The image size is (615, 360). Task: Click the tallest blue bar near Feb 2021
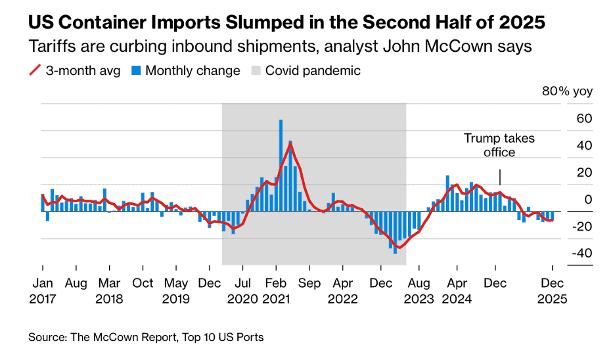[x=281, y=164]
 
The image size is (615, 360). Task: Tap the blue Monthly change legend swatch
[x=136, y=71]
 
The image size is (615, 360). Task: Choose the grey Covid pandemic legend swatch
[x=256, y=71]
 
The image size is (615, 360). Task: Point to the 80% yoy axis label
[x=567, y=91]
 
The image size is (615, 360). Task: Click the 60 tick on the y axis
[x=566, y=119]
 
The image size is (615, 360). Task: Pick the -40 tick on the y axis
[x=564, y=254]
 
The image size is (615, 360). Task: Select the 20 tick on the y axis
[x=566, y=173]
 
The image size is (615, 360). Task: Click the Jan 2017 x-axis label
[x=43, y=290]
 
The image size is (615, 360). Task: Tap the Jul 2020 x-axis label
[x=242, y=290]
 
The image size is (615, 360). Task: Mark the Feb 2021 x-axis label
[x=276, y=290]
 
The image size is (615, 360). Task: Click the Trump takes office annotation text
[x=499, y=145]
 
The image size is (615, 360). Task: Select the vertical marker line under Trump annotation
[x=500, y=177]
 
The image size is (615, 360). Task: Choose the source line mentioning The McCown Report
[x=145, y=338]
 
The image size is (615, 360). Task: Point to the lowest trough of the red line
[x=398, y=248]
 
